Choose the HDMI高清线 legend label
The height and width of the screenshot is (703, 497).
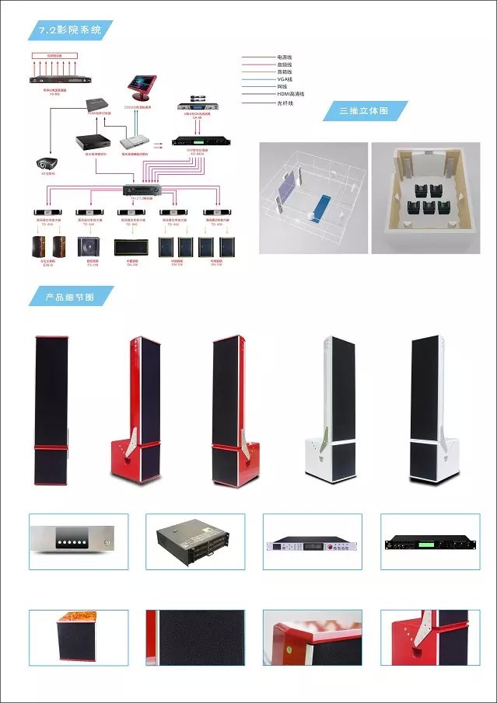291,93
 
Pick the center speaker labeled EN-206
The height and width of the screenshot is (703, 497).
128,248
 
